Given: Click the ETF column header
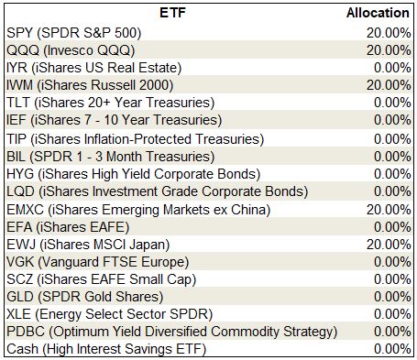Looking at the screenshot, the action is (172, 13).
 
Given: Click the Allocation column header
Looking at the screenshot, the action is (378, 13).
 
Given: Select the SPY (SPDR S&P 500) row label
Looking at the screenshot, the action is (74, 33).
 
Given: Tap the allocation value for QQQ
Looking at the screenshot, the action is (389, 50).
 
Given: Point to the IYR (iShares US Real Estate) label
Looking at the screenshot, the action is (94, 68).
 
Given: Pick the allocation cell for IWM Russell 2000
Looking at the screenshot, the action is (389, 85).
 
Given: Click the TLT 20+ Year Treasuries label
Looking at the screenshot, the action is (111, 103).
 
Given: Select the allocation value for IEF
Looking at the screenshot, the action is (392, 120).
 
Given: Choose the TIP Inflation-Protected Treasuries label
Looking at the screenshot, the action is (136, 139).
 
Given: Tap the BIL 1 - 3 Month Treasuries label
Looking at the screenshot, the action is (111, 157).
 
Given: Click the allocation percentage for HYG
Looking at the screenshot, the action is (392, 174).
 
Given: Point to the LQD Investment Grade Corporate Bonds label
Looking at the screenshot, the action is (158, 191).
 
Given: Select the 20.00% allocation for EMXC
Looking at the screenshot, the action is (389, 210).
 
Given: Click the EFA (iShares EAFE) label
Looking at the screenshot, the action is (68, 227).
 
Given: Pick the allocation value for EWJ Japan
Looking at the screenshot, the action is (389, 245).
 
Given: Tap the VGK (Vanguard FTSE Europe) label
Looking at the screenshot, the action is (98, 262).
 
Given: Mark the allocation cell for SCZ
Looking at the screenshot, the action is (392, 279).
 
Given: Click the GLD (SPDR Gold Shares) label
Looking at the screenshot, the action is (85, 297).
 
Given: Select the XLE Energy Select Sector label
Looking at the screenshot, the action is (109, 314).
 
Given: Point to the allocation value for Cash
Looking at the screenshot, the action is (392, 349).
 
